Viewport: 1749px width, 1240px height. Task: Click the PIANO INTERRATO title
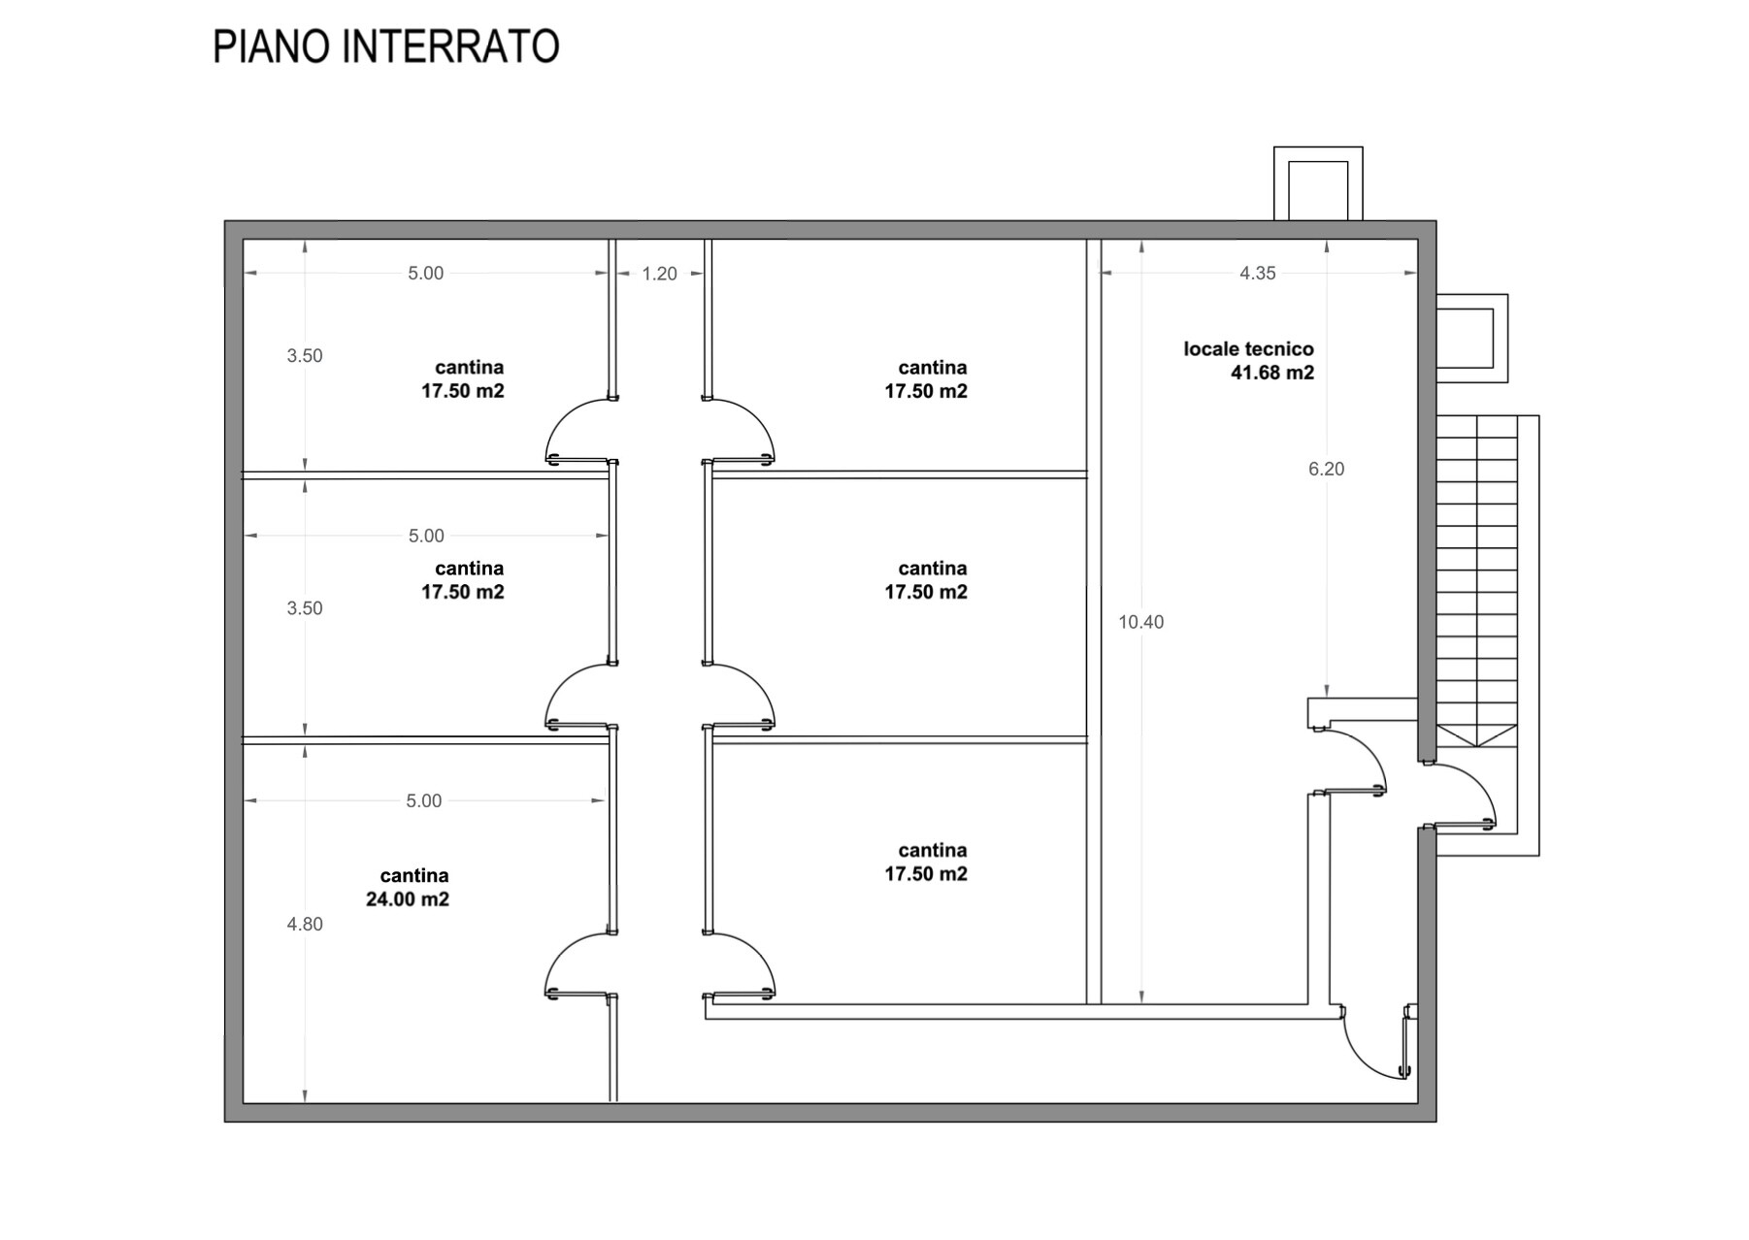tap(385, 47)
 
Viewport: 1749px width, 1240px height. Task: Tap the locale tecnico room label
tap(1248, 349)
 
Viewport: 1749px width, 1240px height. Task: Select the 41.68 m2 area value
tap(1272, 373)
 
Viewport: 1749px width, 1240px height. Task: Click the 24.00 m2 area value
tap(408, 899)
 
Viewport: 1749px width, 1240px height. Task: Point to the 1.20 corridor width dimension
tap(659, 274)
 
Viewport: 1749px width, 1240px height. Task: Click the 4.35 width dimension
tap(1258, 274)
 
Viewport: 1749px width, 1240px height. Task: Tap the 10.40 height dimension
tap(1140, 622)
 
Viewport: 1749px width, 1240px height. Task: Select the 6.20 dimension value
tap(1327, 470)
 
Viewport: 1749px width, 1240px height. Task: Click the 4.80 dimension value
tap(305, 925)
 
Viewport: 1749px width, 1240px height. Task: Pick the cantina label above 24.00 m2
tap(414, 876)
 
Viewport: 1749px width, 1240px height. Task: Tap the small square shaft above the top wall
tap(1318, 184)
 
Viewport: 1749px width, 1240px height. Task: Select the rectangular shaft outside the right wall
tap(1472, 338)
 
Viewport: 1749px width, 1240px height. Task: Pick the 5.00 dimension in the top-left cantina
tap(425, 274)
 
